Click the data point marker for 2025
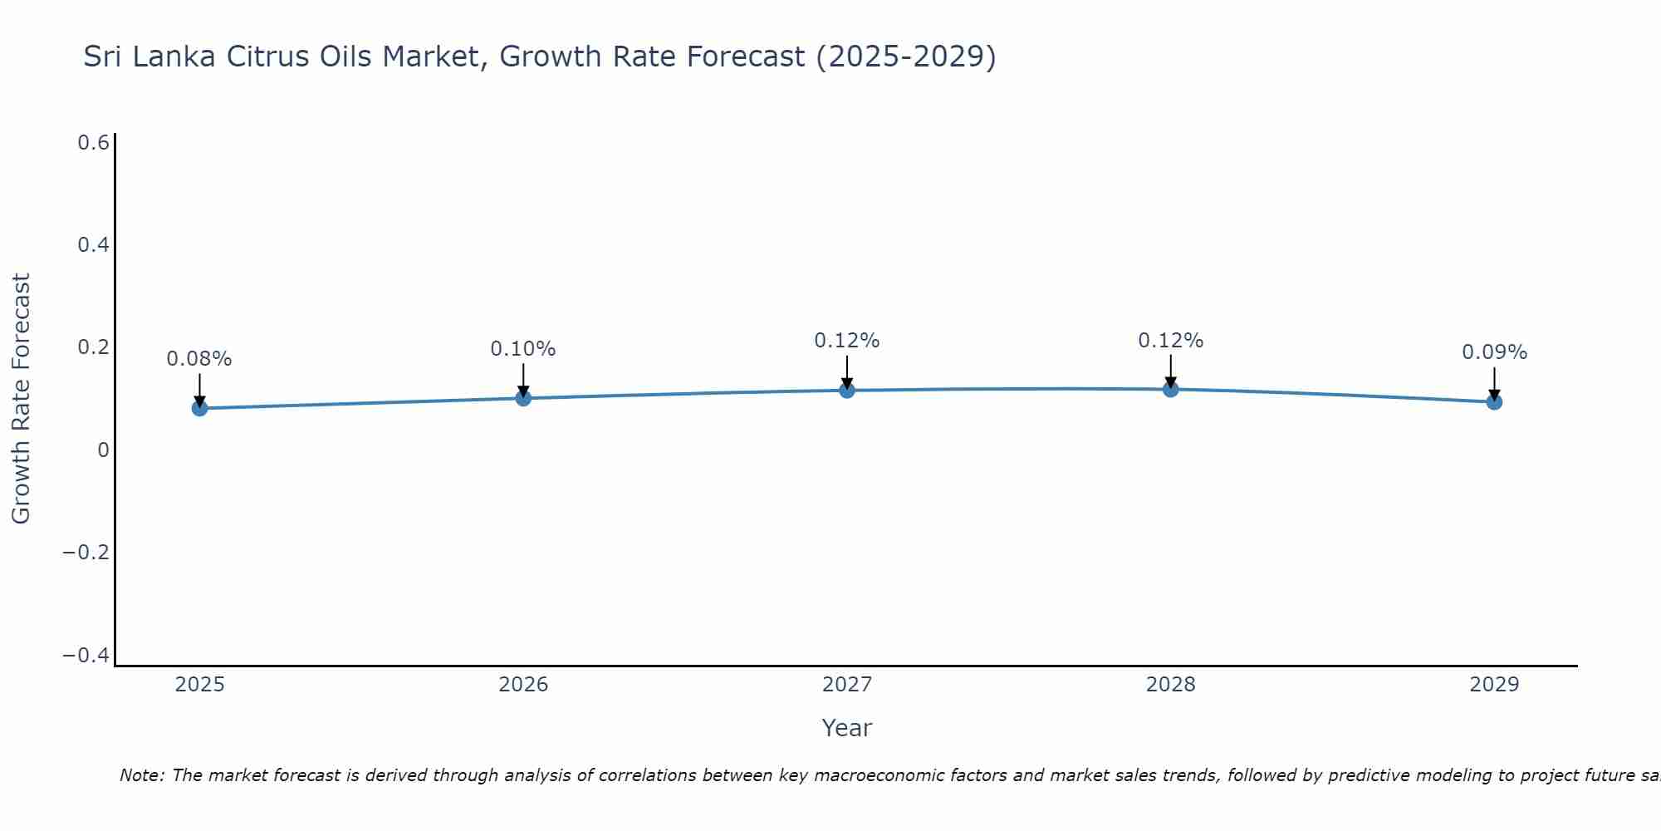[x=199, y=408]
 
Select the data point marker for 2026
[x=523, y=398]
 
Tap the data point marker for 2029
[x=1494, y=402]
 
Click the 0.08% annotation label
[x=199, y=359]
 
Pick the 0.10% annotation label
[x=523, y=349]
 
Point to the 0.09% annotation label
[x=1494, y=352]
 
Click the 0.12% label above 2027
[x=846, y=341]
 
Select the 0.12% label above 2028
[x=1170, y=341]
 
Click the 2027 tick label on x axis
[x=846, y=685]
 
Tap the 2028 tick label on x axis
[x=1170, y=685]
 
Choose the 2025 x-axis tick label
[x=199, y=685]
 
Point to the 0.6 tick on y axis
[x=93, y=143]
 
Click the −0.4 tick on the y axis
[x=86, y=656]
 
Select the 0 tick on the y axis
[x=103, y=450]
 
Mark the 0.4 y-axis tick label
[x=93, y=245]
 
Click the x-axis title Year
[x=846, y=728]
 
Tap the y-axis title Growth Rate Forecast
[x=21, y=399]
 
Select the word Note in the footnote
[x=141, y=776]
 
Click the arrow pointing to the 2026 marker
[x=523, y=378]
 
